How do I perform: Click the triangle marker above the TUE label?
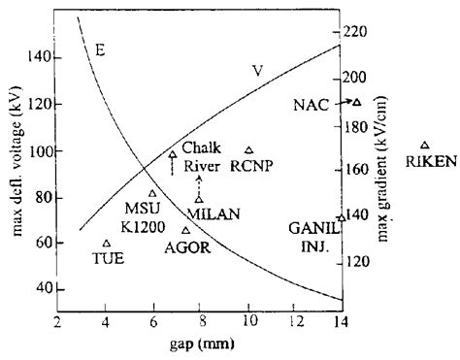point(106,244)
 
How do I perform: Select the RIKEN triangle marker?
point(424,145)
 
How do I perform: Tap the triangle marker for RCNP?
point(249,150)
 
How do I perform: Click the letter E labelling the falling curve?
point(100,48)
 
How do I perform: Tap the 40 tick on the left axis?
point(44,289)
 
